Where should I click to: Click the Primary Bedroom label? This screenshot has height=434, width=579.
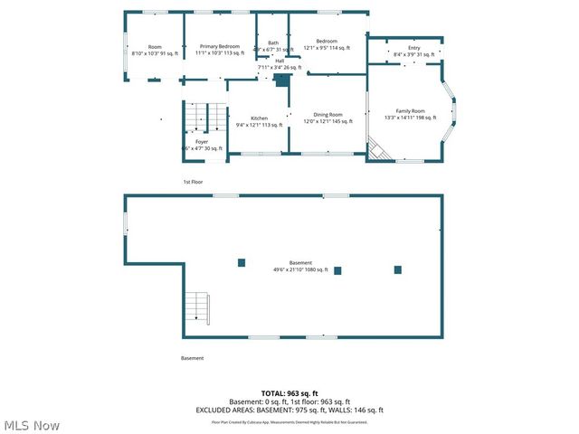220,46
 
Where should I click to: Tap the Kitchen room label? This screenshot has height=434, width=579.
259,119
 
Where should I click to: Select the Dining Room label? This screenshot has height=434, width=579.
327,115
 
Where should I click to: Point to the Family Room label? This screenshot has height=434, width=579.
410,110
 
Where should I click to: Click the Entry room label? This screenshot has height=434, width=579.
414,48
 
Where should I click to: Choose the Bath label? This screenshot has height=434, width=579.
272,42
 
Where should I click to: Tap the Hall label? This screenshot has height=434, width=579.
280,61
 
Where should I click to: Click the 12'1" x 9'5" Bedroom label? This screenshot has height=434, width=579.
327,41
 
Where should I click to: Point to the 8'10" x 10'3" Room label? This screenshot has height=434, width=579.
155,46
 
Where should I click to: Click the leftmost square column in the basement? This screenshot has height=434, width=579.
242,263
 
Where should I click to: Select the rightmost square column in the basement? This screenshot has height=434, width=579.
397,269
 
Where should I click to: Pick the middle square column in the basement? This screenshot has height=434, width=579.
337,269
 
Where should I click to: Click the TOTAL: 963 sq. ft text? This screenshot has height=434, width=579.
289,394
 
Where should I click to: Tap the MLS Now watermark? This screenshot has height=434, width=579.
32,425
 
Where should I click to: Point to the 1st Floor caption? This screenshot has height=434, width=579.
193,182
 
